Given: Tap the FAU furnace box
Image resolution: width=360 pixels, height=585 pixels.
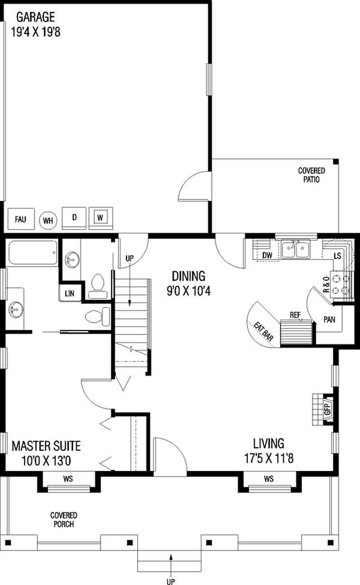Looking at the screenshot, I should tap(20, 219).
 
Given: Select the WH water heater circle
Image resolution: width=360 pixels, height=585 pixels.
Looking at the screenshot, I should tap(48, 220).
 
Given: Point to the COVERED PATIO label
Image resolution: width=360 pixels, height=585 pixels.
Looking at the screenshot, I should tap(311, 175).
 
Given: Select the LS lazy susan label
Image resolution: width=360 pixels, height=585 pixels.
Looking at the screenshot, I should tap(337, 256).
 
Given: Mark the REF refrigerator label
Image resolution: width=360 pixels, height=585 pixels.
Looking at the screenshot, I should tap(295, 315).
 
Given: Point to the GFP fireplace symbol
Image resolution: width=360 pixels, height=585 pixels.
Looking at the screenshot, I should tap(327, 409).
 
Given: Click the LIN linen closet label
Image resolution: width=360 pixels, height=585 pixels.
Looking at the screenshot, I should tap(70, 293).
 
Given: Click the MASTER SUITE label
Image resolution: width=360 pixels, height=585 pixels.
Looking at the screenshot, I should tap(46, 446).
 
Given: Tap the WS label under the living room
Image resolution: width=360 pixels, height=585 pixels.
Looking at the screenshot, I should tap(269, 479).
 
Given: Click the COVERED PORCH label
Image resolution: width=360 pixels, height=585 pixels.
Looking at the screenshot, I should tap(63, 519).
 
